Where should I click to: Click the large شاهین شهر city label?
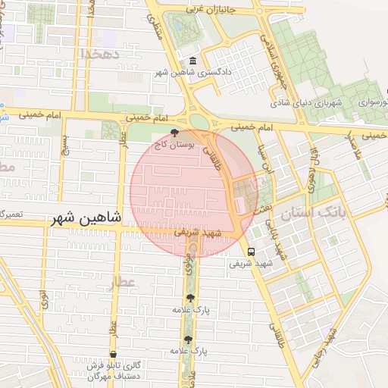(86, 218)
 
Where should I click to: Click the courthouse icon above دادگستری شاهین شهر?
(192, 61)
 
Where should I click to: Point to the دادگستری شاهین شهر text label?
(192, 73)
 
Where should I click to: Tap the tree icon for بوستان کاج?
(175, 133)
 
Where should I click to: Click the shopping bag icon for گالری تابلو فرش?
(113, 354)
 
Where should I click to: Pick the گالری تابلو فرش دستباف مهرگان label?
(93, 371)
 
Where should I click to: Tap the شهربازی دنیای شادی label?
(308, 102)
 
